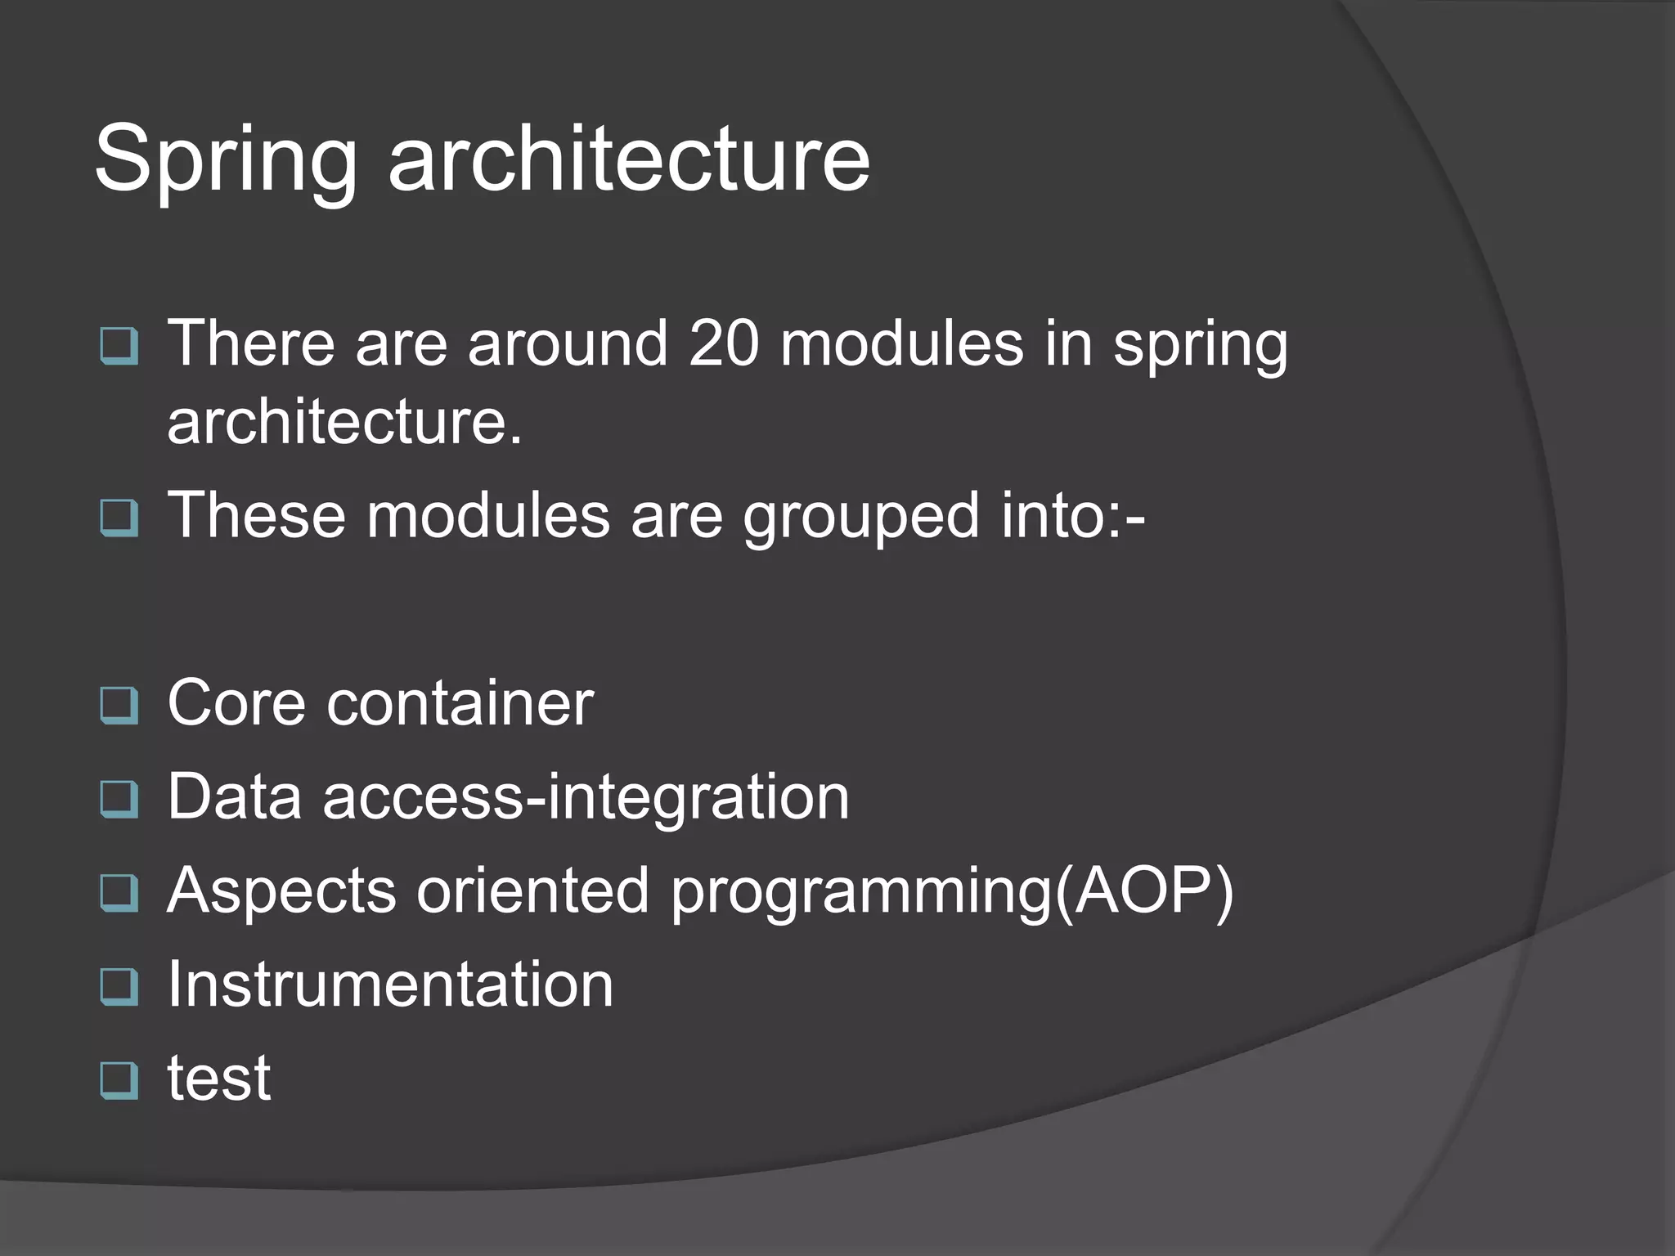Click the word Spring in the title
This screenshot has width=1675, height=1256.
[x=226, y=159]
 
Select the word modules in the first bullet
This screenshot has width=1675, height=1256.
[x=901, y=343]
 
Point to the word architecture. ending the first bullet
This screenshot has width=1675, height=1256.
[x=344, y=423]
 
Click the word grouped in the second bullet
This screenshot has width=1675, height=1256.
[x=860, y=517]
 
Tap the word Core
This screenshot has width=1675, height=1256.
[x=236, y=703]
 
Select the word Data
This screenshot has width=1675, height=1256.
[x=235, y=796]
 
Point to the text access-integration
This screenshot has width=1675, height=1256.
[x=586, y=798]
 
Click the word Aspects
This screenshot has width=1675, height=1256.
[x=281, y=891]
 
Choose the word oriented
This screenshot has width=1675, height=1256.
[x=532, y=890]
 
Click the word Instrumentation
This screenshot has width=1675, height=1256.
[x=390, y=985]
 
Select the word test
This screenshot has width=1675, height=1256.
[x=218, y=1079]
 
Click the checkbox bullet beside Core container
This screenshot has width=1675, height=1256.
[x=119, y=705]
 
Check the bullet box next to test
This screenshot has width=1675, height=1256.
[x=119, y=1080]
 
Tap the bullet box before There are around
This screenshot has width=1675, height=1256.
[x=119, y=345]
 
